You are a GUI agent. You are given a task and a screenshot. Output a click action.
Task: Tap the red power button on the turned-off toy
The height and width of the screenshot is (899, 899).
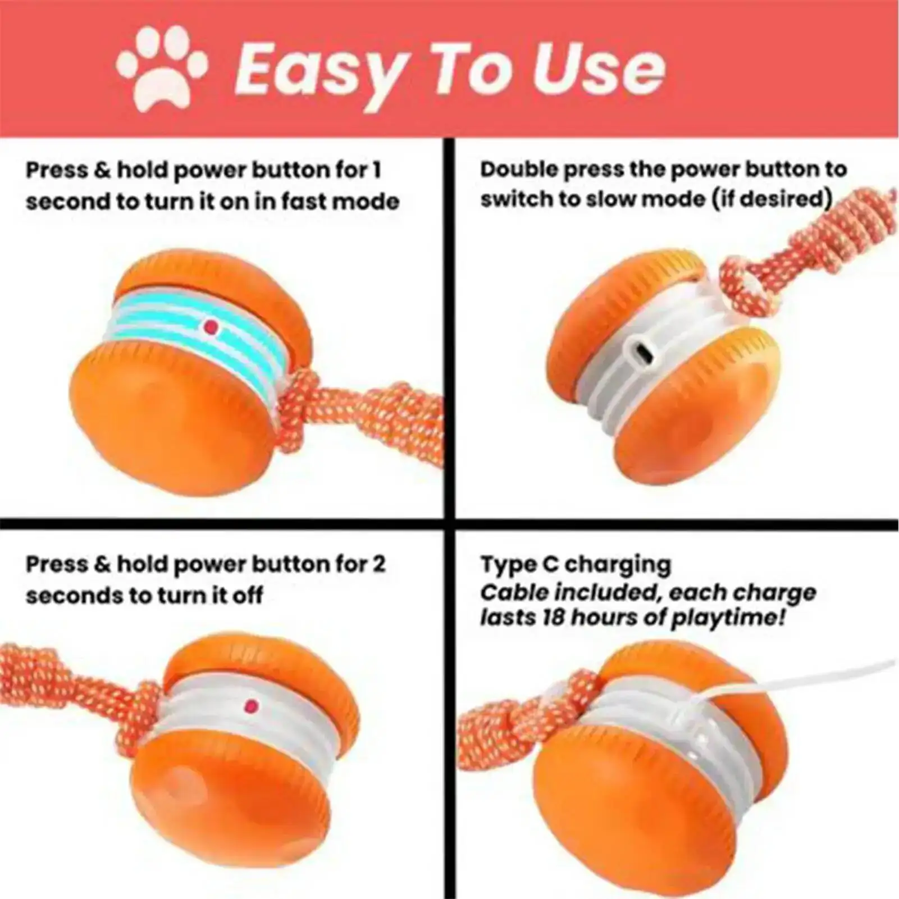(251, 705)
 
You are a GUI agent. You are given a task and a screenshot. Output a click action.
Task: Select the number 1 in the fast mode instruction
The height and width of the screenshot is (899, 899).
(376, 170)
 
